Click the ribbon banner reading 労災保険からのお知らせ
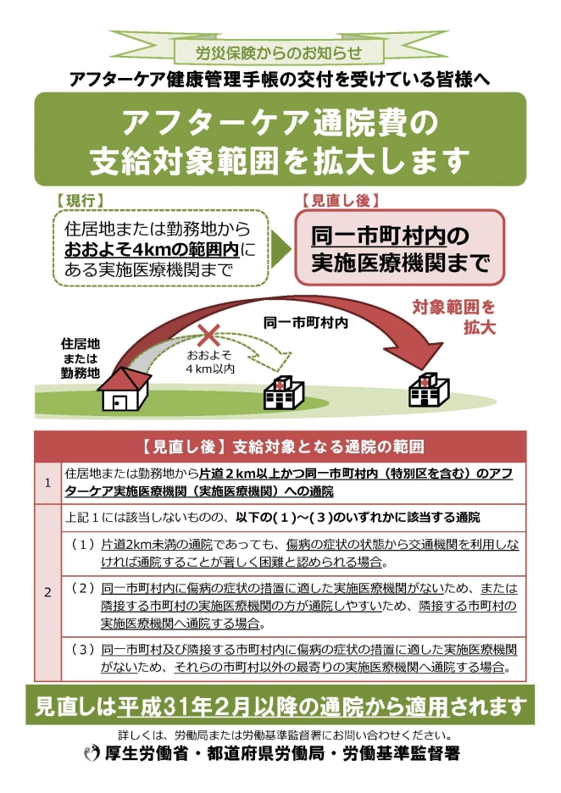(x=279, y=51)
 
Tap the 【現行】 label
(x=80, y=200)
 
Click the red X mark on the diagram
(x=208, y=335)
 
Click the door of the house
(x=119, y=403)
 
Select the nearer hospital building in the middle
(x=284, y=393)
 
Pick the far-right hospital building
(x=429, y=390)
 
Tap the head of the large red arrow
(x=414, y=350)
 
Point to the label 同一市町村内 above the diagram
(x=306, y=322)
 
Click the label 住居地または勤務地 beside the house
(x=81, y=358)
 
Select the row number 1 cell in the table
(x=48, y=483)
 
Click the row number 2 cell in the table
(x=48, y=592)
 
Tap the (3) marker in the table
(x=82, y=649)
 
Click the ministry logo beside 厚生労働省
(x=92, y=754)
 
